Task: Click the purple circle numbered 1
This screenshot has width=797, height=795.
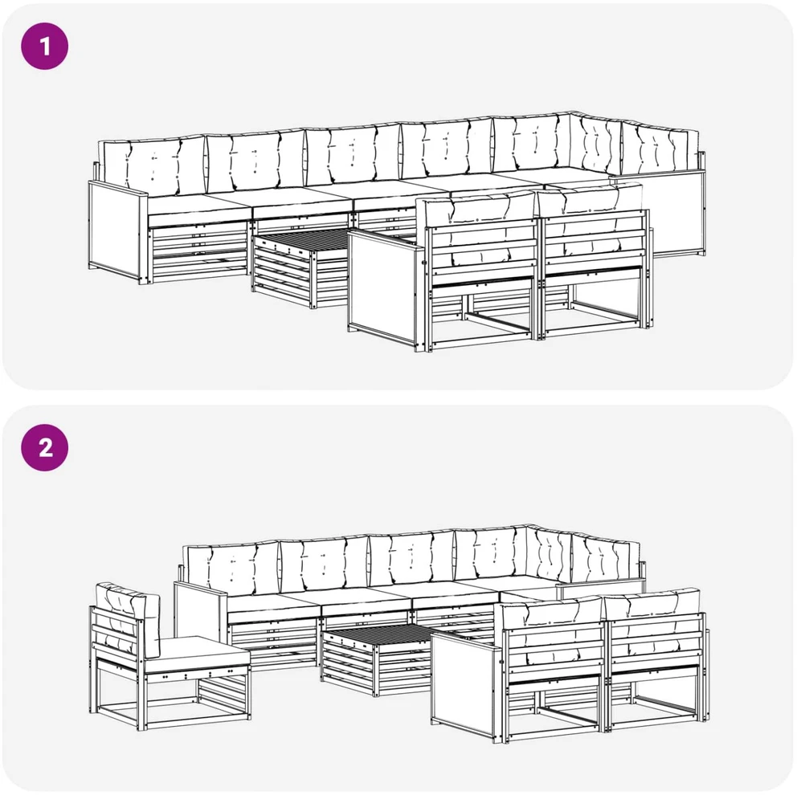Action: pyautogui.click(x=45, y=47)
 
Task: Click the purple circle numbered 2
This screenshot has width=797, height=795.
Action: pyautogui.click(x=45, y=447)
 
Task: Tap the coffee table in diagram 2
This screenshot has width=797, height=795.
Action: pyautogui.click(x=376, y=659)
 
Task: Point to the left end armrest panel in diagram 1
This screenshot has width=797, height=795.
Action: pyautogui.click(x=117, y=231)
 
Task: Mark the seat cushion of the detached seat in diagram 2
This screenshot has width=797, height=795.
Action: pyautogui.click(x=198, y=656)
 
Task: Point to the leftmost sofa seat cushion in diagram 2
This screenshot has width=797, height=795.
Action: pyautogui.click(x=275, y=603)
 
